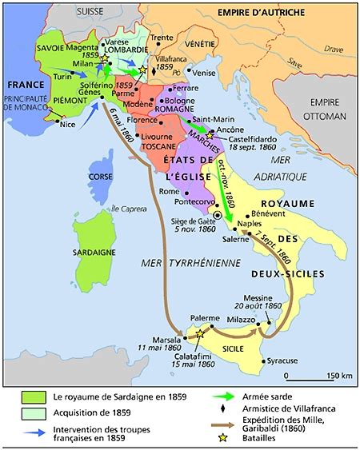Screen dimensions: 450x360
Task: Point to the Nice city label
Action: pyautogui.click(x=78, y=125)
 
